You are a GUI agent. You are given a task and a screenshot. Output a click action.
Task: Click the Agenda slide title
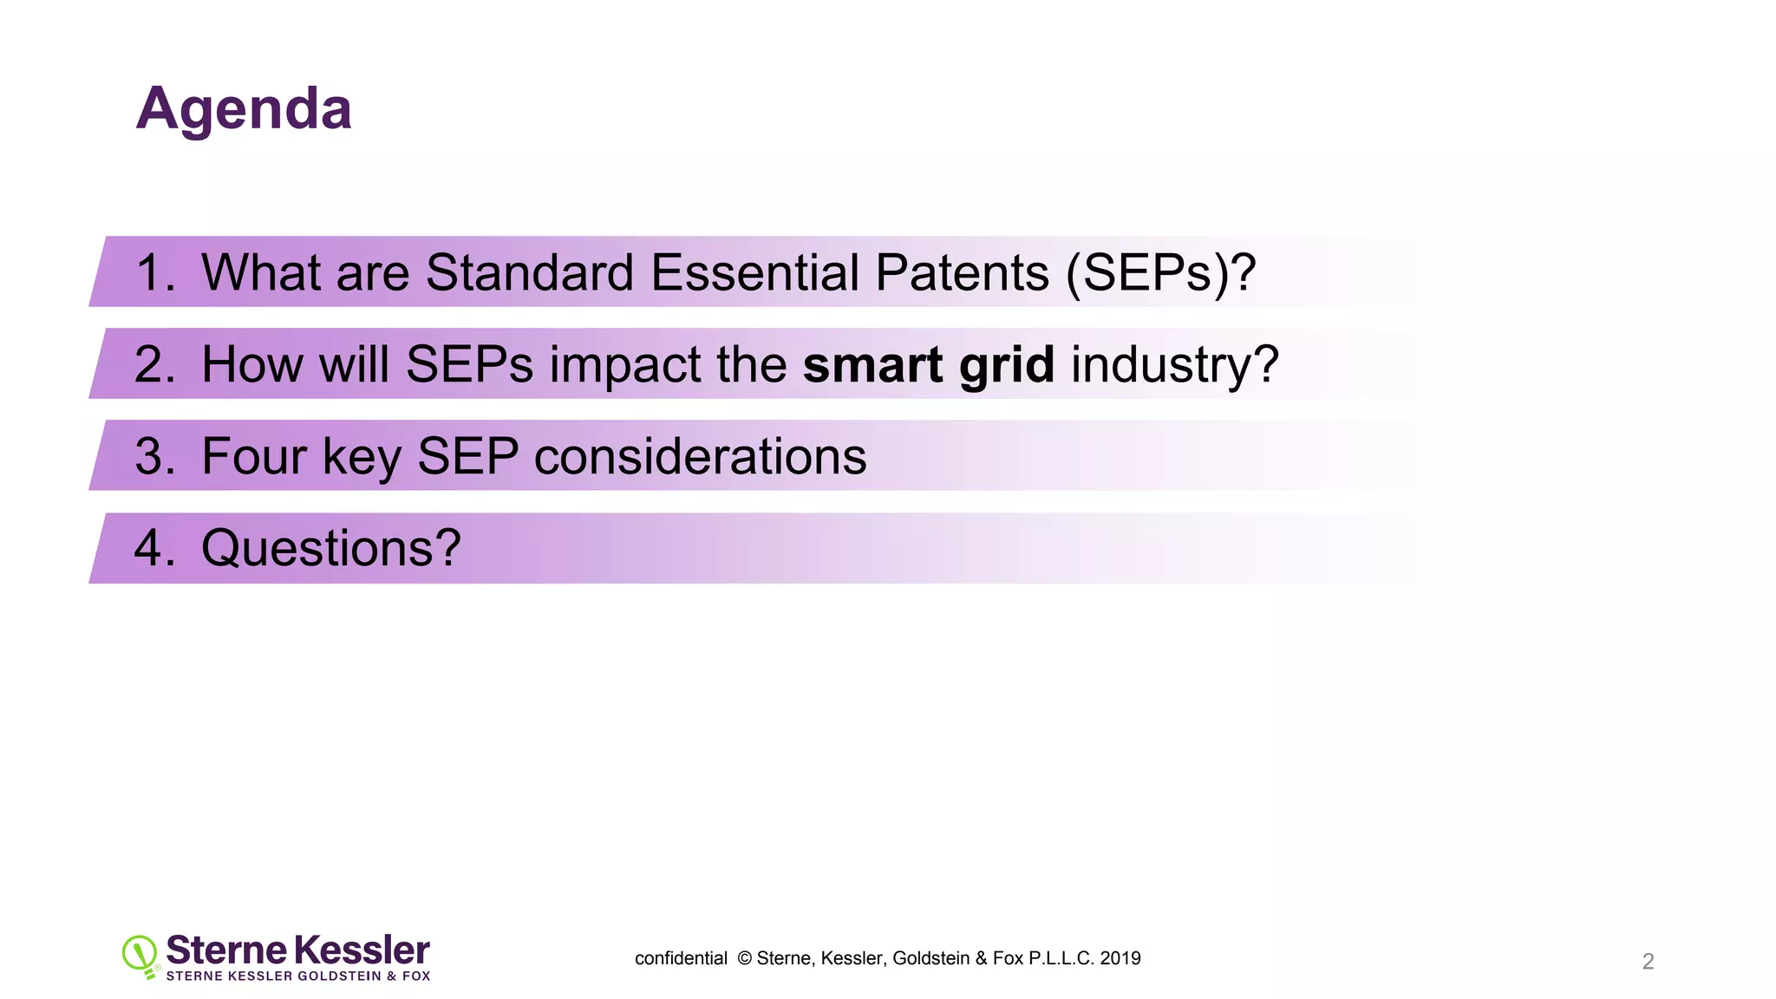point(244,109)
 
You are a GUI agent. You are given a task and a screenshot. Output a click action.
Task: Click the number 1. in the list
point(155,272)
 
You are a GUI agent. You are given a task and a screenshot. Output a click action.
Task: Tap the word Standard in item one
point(530,272)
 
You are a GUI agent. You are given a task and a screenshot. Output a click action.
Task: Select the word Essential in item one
point(754,272)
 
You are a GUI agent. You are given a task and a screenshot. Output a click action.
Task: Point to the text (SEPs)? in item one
point(1160,274)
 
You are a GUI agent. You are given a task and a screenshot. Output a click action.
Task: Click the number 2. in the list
point(155,364)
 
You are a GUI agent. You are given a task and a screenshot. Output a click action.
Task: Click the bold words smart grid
point(928,365)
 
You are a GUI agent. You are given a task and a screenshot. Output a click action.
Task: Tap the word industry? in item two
point(1175,365)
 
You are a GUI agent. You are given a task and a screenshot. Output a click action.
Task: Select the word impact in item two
point(624,365)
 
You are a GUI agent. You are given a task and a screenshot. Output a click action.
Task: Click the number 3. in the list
point(155,456)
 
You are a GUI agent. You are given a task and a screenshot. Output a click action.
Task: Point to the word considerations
point(700,456)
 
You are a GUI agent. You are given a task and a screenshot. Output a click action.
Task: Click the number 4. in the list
point(155,548)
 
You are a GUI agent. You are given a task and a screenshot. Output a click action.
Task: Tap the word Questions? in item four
point(330,549)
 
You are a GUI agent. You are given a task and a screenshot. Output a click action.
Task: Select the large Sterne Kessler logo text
point(297,950)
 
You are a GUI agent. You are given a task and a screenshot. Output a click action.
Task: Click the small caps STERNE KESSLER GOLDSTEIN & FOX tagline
point(297,976)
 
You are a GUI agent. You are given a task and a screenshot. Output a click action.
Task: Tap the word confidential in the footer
point(681,958)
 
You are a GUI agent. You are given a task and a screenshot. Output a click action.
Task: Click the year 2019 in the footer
point(1120,958)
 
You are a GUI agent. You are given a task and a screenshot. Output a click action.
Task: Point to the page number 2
point(1648,961)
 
